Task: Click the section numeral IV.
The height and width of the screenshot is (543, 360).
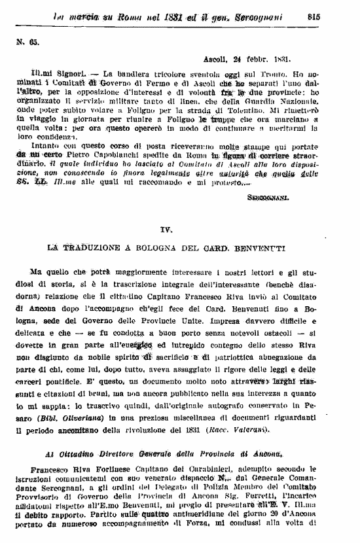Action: coord(166,230)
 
